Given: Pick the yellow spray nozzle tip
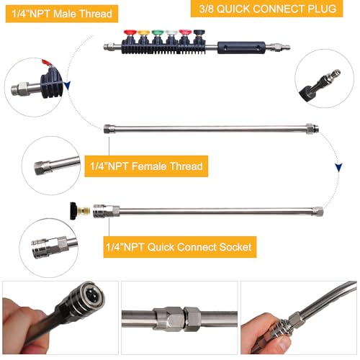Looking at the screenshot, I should pyautogui.click(x=144, y=33).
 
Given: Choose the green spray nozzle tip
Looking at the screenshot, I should pyautogui.click(x=158, y=33).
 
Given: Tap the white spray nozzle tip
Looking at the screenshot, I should pyautogui.click(x=171, y=33).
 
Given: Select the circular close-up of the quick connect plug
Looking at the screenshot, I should pyautogui.click(x=325, y=81).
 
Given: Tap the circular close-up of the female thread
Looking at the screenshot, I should pyautogui.click(x=50, y=163).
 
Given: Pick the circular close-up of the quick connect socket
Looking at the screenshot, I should pyautogui.click(x=49, y=244).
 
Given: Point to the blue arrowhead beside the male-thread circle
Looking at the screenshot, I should pyautogui.click(x=66, y=87).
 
